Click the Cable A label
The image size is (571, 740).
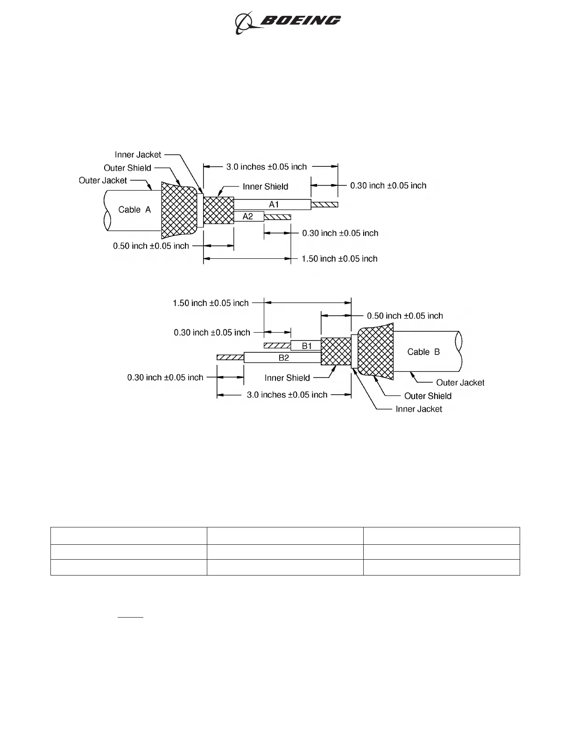click(134, 210)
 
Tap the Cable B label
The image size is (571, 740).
click(423, 352)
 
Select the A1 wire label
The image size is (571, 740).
click(274, 204)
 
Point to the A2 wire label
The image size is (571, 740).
click(247, 216)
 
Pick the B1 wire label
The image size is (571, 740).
click(307, 346)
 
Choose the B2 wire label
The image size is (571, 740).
click(284, 358)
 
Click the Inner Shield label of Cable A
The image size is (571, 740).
click(265, 186)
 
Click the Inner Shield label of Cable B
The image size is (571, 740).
click(287, 377)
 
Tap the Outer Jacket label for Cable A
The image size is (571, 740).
click(103, 180)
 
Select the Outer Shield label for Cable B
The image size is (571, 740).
click(428, 396)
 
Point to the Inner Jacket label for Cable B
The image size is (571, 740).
click(419, 409)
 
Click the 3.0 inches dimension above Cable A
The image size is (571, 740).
click(267, 167)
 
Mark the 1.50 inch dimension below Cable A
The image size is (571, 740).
click(339, 258)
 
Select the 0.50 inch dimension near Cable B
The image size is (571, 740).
click(405, 316)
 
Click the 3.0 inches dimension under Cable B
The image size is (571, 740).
click(287, 395)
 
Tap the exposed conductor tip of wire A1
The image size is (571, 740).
click(324, 205)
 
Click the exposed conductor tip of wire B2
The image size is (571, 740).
click(230, 357)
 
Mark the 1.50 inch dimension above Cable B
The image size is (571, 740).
click(211, 303)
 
